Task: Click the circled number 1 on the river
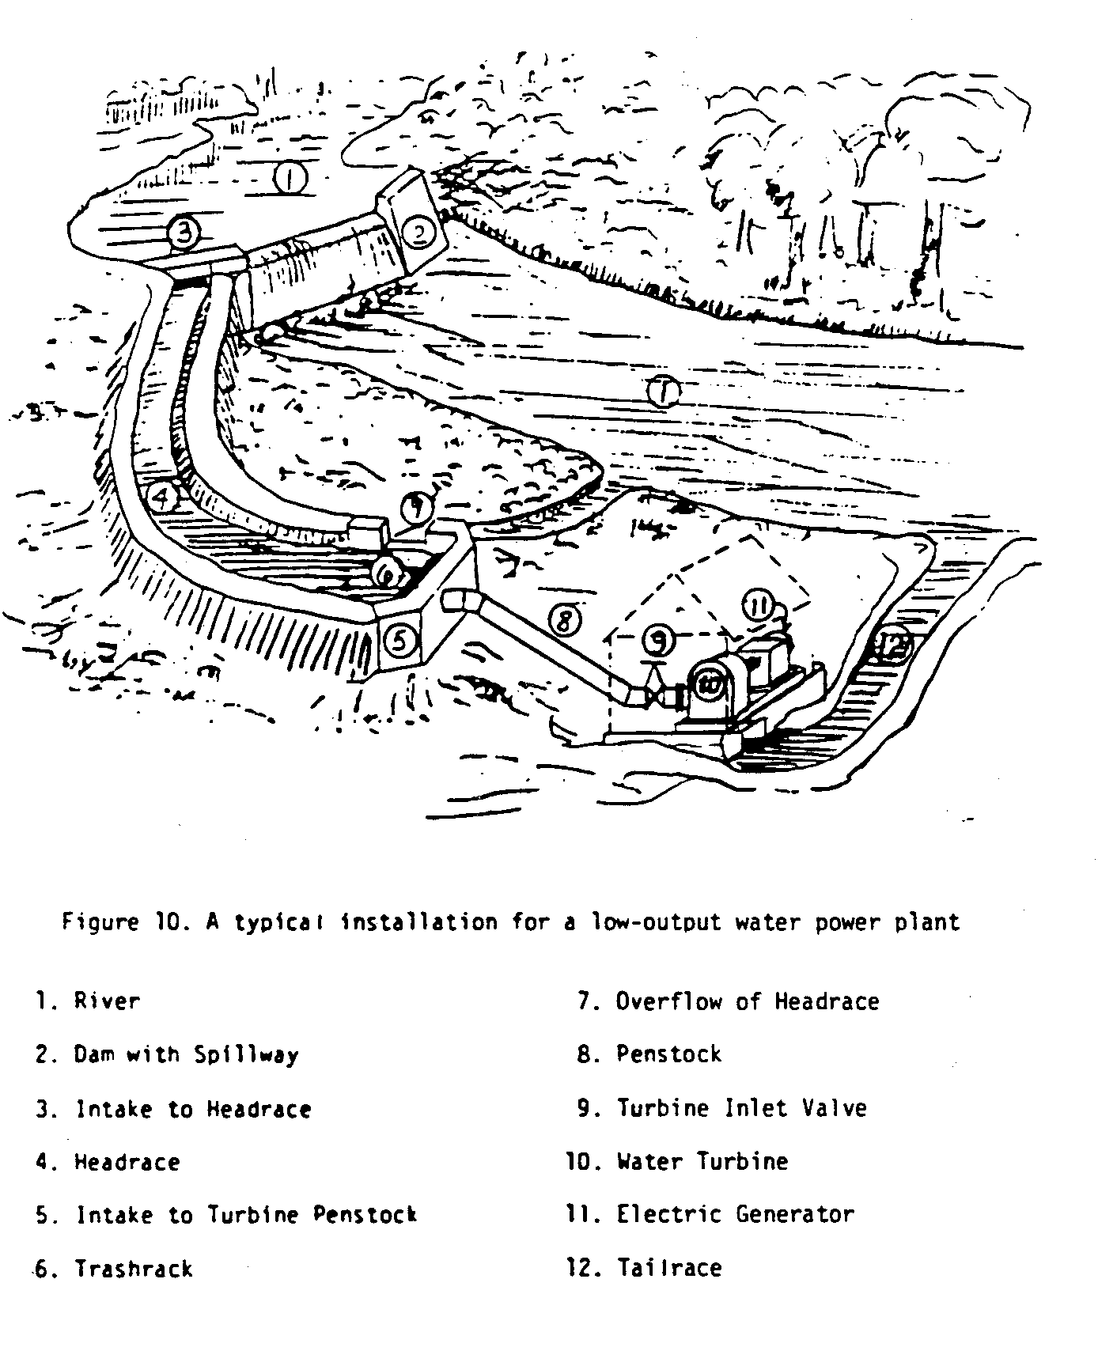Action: [290, 178]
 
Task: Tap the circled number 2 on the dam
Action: [417, 232]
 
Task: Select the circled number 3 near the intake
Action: [184, 233]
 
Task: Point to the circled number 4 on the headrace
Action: [161, 498]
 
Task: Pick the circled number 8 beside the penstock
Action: [565, 621]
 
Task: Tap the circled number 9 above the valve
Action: [658, 639]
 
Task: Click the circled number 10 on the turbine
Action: [709, 687]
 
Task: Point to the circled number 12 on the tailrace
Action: [893, 647]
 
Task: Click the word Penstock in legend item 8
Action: [669, 1054]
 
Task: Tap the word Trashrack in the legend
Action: [134, 1269]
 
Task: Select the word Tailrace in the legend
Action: [669, 1268]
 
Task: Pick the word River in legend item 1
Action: [107, 1001]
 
